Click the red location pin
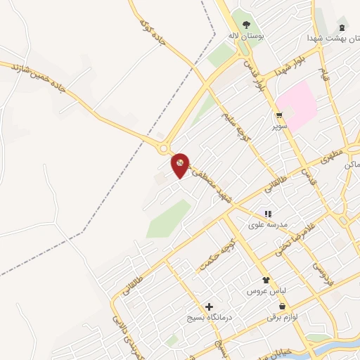(x=181, y=165)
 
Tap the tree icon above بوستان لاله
(x=246, y=25)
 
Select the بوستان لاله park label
(x=243, y=36)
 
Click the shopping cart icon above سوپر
(x=280, y=116)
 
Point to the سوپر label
(x=281, y=127)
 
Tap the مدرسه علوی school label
(x=266, y=225)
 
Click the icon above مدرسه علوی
(x=267, y=214)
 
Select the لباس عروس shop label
(x=265, y=290)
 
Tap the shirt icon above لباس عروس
(x=266, y=280)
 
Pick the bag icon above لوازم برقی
(x=283, y=307)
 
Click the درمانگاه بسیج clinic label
(x=209, y=318)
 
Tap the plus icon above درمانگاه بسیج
(x=209, y=307)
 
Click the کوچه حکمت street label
(x=216, y=251)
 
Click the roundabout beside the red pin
(x=166, y=148)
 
